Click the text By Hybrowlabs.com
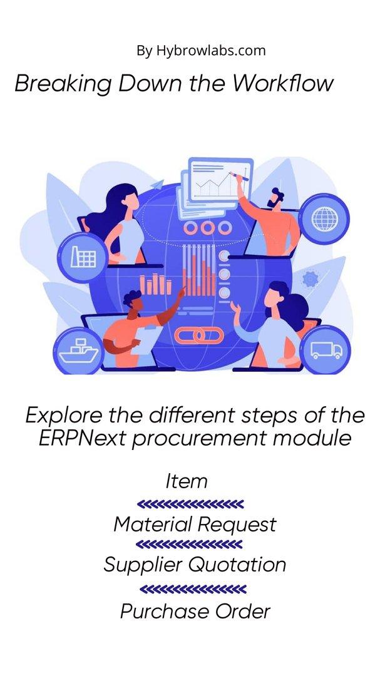[201, 51]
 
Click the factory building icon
[83, 257]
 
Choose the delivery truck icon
[327, 349]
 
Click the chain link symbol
[199, 335]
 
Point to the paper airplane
[157, 185]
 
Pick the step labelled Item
[187, 481]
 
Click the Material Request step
[195, 525]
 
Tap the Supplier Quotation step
[195, 565]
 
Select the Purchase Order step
[195, 611]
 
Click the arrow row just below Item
[190, 503]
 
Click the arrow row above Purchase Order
[193, 589]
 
